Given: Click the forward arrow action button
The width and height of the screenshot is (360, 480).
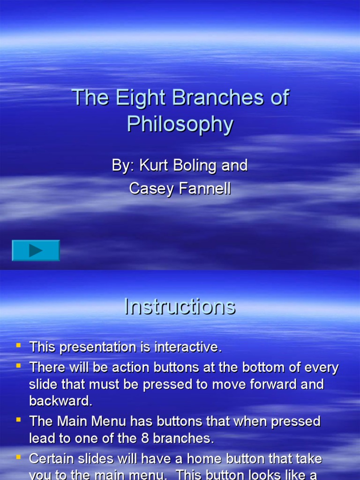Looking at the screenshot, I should click(x=36, y=250).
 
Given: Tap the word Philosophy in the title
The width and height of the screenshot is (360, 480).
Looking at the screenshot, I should click(x=180, y=124).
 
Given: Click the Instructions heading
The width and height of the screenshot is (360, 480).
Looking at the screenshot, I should click(x=180, y=307).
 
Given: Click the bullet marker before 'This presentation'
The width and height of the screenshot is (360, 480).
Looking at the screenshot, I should click(x=19, y=345).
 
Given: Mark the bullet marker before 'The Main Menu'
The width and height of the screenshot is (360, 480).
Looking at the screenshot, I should click(x=19, y=420).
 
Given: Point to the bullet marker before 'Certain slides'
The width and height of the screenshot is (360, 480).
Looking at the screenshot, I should click(x=19, y=456).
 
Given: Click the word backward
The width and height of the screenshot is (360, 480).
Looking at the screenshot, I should click(x=61, y=401).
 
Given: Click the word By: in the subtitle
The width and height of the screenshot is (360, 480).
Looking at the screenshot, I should click(x=123, y=165).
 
